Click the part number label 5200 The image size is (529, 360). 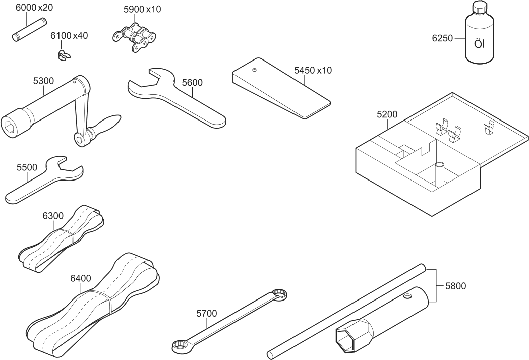[x=387, y=114]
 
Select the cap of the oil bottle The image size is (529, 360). [x=480, y=8]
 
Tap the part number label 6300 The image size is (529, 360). [x=53, y=216]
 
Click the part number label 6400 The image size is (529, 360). [x=81, y=278]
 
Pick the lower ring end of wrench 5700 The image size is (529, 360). [x=179, y=346]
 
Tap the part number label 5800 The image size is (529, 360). [x=455, y=286]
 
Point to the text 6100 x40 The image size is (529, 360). [x=69, y=36]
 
